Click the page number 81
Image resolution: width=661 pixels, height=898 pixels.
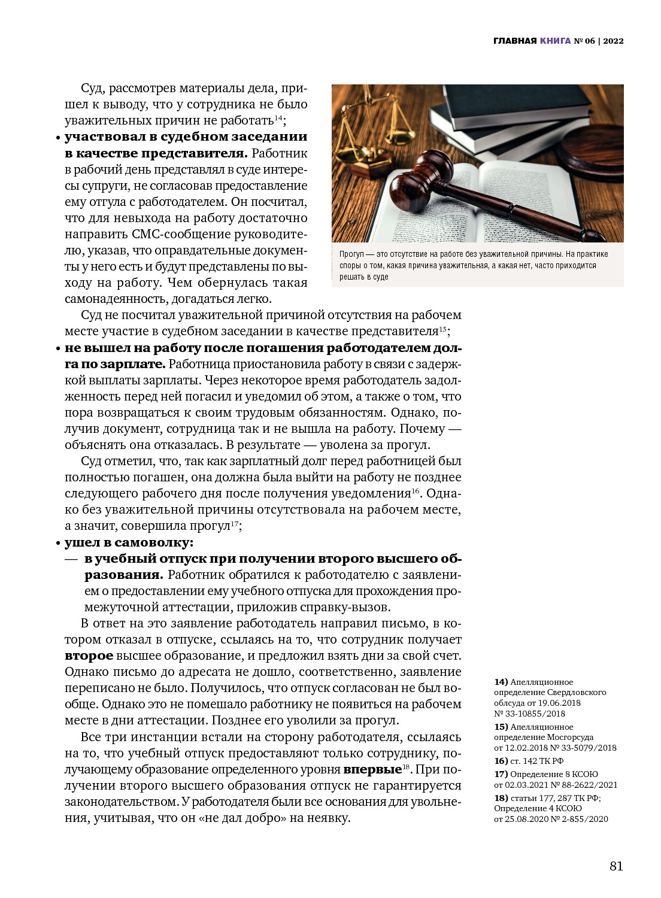click(616, 866)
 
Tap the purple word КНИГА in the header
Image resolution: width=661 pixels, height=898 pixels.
click(555, 41)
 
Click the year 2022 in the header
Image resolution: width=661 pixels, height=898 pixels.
click(613, 41)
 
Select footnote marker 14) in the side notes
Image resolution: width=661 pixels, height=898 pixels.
click(501, 682)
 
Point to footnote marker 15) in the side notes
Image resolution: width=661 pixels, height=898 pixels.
click(501, 727)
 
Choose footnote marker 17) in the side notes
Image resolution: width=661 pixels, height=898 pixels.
click(501, 774)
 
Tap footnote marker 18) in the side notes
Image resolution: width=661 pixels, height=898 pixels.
click(501, 797)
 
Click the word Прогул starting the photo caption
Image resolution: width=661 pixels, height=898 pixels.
click(351, 254)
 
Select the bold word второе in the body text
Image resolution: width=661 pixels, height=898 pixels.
click(89, 656)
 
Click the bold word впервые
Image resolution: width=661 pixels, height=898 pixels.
click(372, 769)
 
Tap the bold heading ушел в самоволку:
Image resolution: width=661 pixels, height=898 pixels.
click(129, 542)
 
